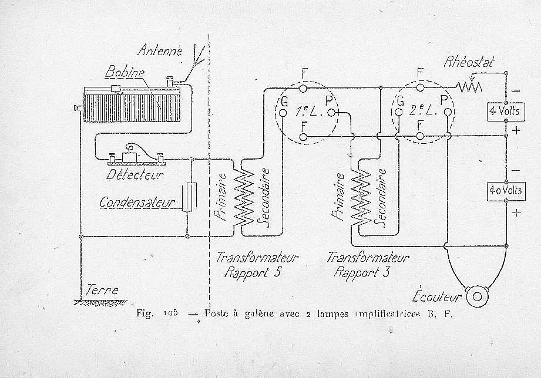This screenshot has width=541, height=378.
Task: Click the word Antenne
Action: pyautogui.click(x=160, y=50)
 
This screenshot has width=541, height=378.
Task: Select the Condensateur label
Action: pyautogui.click(x=137, y=203)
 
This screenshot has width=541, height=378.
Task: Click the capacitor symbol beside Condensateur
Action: pyautogui.click(x=187, y=197)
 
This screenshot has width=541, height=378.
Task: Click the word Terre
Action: pyautogui.click(x=102, y=290)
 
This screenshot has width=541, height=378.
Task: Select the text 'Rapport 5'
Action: pyautogui.click(x=248, y=272)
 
